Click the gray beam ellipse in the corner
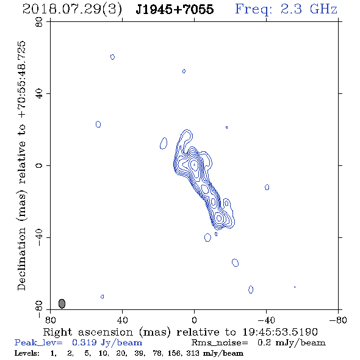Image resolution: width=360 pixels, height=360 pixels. [x=62, y=303]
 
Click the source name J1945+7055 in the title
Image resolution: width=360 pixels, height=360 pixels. [x=175, y=9]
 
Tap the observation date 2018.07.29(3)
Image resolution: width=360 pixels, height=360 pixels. [x=72, y=10]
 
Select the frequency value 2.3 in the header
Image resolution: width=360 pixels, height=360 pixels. [x=291, y=9]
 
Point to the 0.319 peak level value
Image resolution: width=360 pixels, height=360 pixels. [x=84, y=342]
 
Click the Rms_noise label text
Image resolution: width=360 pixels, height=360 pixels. [x=220, y=343]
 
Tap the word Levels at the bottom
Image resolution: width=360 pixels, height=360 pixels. [x=27, y=353]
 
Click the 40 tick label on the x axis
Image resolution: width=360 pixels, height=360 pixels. [x=123, y=320]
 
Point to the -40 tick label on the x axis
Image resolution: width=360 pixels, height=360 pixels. [x=266, y=320]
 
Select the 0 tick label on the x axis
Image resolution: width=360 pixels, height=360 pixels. [x=194, y=320]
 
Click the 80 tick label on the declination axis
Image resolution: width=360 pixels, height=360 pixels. [x=39, y=22]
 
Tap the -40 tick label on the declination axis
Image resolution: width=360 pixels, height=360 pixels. [x=39, y=237]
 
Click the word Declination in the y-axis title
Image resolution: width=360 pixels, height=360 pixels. [x=21, y=259]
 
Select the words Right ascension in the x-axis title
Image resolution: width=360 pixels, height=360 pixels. [x=88, y=332]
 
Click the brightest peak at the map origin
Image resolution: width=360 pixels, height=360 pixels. [x=194, y=164]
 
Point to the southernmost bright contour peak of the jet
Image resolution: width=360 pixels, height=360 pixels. [x=219, y=218]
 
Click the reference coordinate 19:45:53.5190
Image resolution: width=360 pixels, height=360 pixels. [x=280, y=332]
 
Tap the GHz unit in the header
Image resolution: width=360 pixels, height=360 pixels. [x=323, y=9]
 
